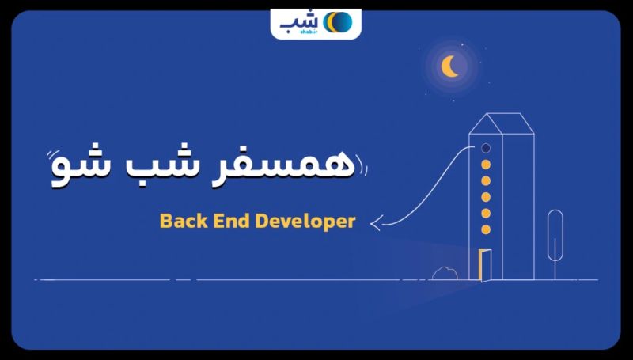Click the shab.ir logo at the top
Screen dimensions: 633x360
[x=316, y=24]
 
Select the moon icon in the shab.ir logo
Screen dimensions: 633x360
[x=338, y=22]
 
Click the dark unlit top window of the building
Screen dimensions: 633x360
[x=486, y=148]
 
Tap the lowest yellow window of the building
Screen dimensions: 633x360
[x=486, y=229]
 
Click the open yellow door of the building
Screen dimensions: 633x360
[x=484, y=265]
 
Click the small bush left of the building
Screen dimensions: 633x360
[x=445, y=273]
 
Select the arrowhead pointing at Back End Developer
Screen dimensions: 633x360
[x=376, y=224]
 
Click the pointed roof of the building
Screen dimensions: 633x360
[x=502, y=124]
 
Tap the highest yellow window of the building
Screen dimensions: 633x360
[x=486, y=165]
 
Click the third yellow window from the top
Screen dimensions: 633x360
[x=486, y=197]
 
